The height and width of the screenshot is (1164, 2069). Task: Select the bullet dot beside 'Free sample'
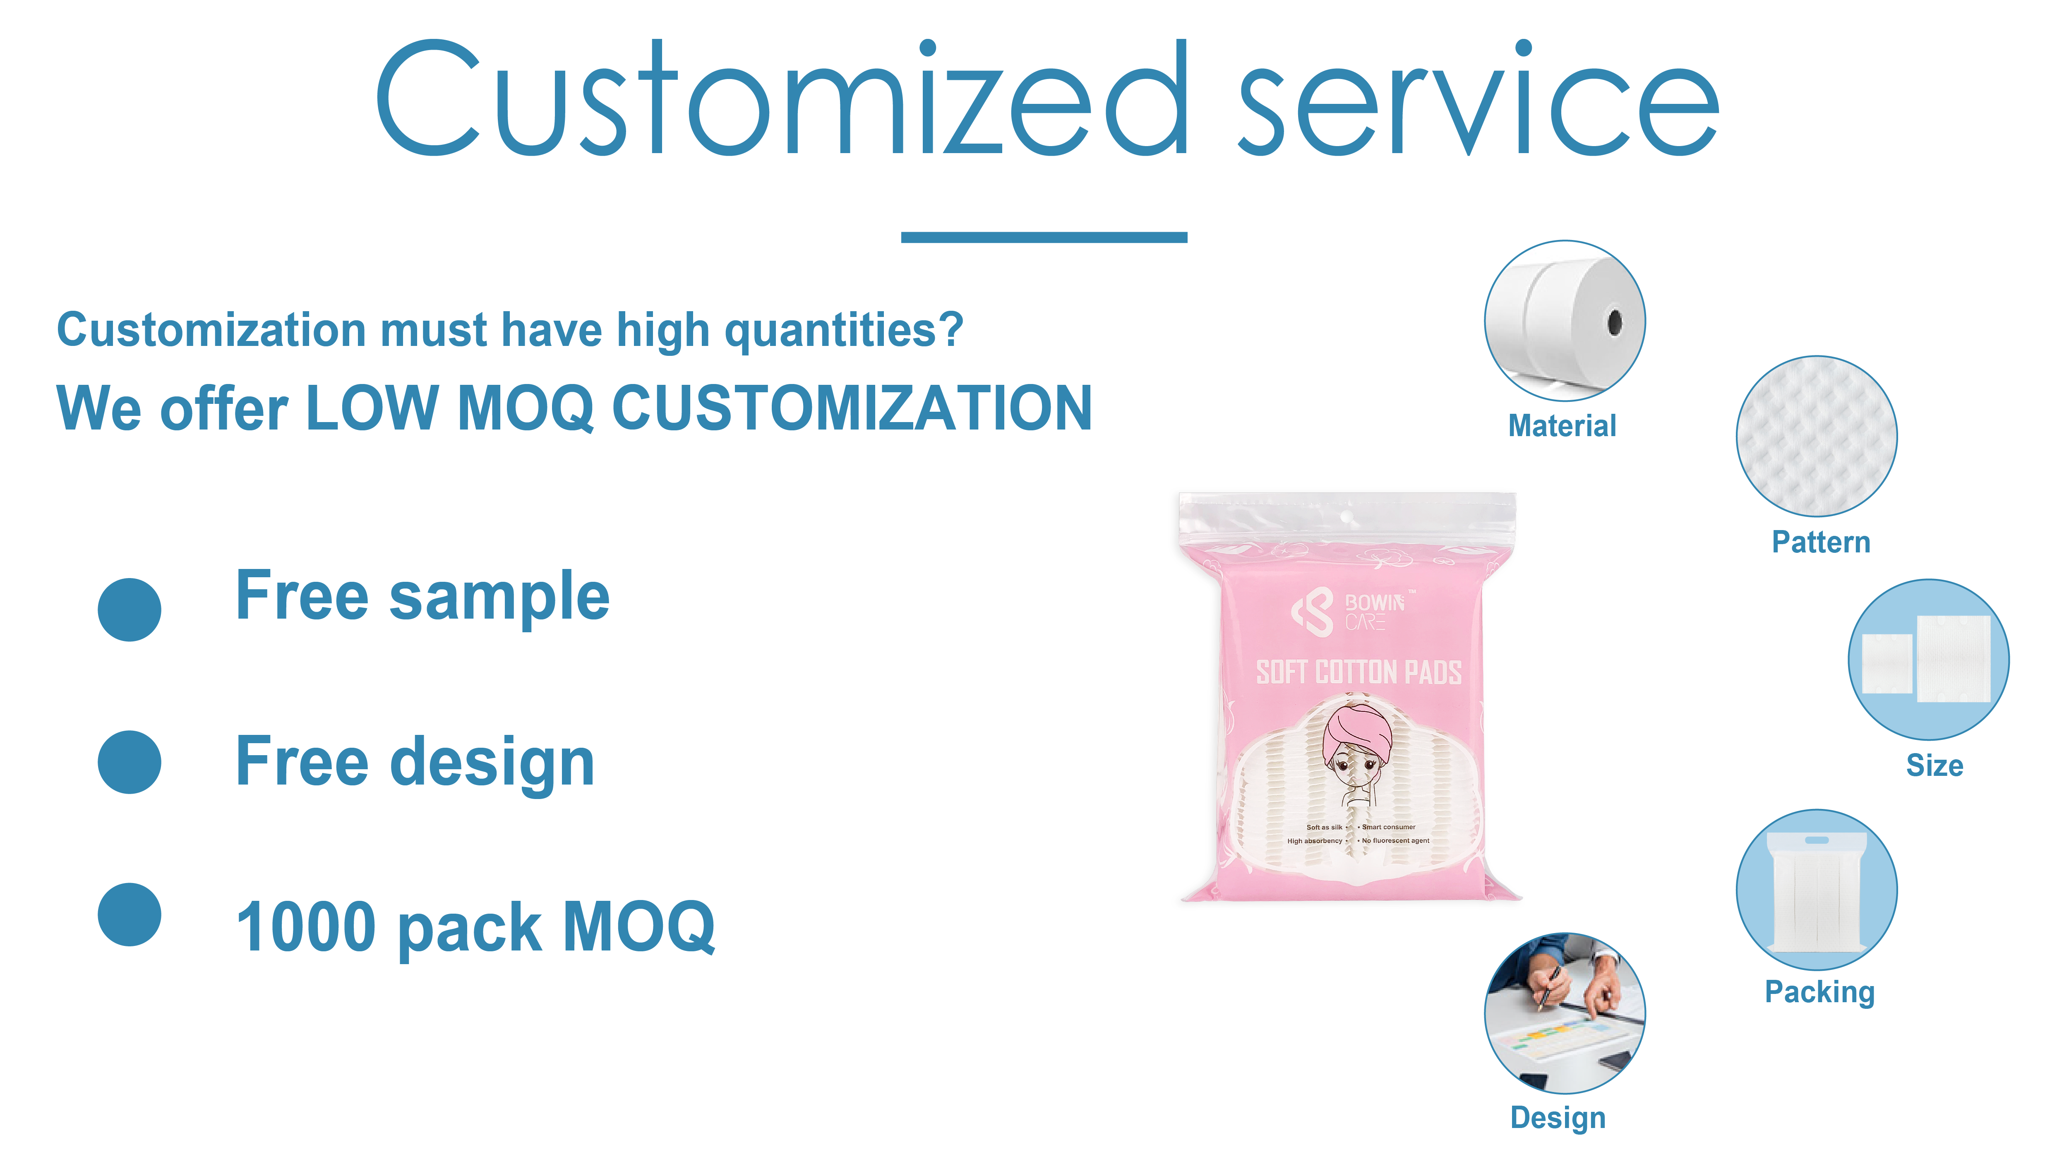point(129,610)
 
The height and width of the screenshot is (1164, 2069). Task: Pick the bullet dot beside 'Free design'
point(129,762)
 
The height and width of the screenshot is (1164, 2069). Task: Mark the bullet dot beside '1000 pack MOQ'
point(129,915)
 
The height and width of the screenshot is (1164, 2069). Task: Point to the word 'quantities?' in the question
point(843,331)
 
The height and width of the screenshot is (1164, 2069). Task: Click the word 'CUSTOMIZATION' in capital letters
point(851,408)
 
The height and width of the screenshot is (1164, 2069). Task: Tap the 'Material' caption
point(1562,426)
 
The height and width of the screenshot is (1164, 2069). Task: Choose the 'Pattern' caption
point(1821,542)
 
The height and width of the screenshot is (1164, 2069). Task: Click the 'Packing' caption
point(1819,992)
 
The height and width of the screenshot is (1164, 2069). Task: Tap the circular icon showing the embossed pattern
point(1817,436)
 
